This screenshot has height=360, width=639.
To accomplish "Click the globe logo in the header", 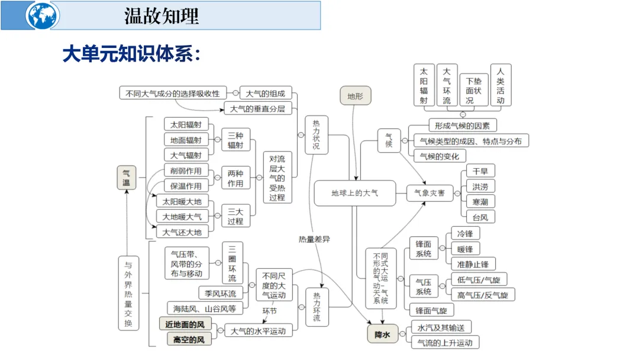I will (43, 16).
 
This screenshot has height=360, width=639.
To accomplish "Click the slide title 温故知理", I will (162, 16).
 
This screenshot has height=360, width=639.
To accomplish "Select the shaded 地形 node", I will (355, 97).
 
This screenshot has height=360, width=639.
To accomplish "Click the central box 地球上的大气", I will (354, 193).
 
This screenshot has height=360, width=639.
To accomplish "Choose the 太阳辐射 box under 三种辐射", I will (186, 124).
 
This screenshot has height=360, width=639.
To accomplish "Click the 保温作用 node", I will (186, 186).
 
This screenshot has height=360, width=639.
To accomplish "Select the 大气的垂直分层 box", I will (257, 108).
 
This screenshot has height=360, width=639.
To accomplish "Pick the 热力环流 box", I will (317, 307).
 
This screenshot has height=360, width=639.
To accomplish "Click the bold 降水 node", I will (383, 335).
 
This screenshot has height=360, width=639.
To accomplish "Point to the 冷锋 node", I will (461, 233).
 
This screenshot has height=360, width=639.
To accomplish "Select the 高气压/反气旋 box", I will (482, 294).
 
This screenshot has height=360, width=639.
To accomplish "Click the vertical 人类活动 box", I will (501, 85).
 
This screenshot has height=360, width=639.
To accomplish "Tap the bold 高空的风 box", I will (185, 339).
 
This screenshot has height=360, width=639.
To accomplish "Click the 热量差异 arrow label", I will (315, 239).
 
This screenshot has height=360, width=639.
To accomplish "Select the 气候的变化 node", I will (439, 156).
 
